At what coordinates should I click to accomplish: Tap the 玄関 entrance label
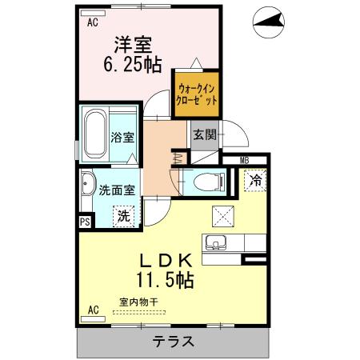(x=204, y=135)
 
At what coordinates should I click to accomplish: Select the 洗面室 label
(x=117, y=190)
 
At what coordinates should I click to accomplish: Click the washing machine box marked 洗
(x=125, y=214)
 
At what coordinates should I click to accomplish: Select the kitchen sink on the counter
(x=216, y=243)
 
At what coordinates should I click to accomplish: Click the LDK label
(x=166, y=261)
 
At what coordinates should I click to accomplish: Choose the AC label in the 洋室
(x=92, y=23)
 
